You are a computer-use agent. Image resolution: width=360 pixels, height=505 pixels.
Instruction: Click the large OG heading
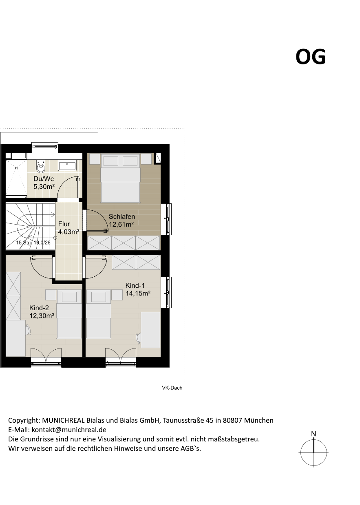click(311, 57)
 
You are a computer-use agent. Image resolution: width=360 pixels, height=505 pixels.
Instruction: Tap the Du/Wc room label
click(44, 179)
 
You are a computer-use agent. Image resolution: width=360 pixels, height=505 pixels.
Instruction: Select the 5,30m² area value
click(44, 187)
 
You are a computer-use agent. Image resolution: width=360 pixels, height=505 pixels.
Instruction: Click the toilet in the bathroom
click(41, 166)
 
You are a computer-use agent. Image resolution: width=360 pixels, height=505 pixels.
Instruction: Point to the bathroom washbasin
click(67, 165)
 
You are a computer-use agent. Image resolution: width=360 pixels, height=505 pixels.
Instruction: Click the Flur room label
click(64, 224)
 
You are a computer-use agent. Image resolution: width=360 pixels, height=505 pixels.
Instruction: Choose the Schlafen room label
click(122, 216)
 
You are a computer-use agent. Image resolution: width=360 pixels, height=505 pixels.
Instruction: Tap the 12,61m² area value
click(121, 224)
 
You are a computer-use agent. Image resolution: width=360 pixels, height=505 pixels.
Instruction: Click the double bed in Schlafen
click(120, 178)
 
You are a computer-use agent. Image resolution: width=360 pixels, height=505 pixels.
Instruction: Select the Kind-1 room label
click(135, 285)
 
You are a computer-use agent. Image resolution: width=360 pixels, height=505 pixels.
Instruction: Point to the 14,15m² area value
click(138, 293)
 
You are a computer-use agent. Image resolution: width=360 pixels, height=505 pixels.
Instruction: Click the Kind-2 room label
click(39, 308)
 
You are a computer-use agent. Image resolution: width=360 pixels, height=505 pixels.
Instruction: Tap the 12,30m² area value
click(42, 315)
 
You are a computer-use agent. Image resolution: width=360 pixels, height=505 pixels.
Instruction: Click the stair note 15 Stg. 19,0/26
click(33, 243)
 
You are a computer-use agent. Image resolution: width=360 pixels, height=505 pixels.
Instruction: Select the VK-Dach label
click(172, 388)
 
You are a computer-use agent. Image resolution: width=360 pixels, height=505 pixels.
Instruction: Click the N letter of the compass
click(314, 434)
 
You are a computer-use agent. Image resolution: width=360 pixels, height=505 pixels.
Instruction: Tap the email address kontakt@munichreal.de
click(69, 430)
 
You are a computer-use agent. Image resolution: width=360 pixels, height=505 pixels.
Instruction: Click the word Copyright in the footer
click(24, 420)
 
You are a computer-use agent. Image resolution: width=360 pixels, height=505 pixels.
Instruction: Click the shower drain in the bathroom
click(16, 168)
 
